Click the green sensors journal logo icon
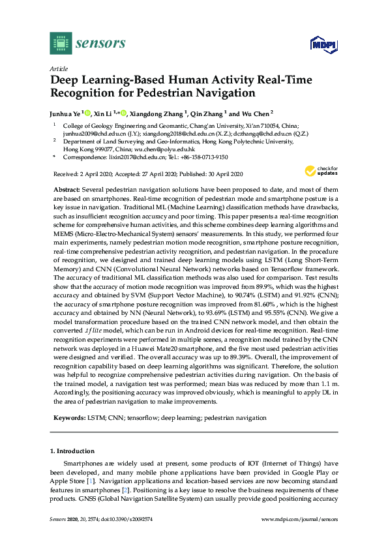(x=60, y=44)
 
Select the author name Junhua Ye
(x=68, y=112)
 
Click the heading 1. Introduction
(x=72, y=451)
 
